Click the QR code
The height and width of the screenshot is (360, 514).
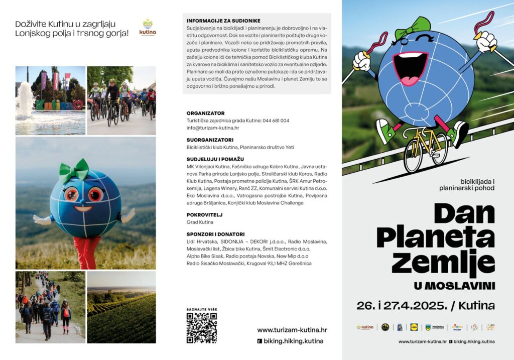pos(201,328)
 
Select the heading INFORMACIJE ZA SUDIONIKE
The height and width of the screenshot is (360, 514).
pos(223,21)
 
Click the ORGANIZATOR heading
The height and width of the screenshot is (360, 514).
pos(205,113)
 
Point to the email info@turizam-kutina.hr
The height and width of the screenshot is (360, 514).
pos(212,128)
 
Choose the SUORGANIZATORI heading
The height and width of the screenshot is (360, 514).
pos(210,140)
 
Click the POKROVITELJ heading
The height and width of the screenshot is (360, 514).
pos(204,215)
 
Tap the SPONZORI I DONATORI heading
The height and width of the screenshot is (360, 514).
pos(215,234)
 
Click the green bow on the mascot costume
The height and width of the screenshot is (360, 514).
pos(73,171)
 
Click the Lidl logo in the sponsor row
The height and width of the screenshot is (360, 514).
pos(414,327)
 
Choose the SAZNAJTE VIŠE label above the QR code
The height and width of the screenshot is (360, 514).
pos(201,309)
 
